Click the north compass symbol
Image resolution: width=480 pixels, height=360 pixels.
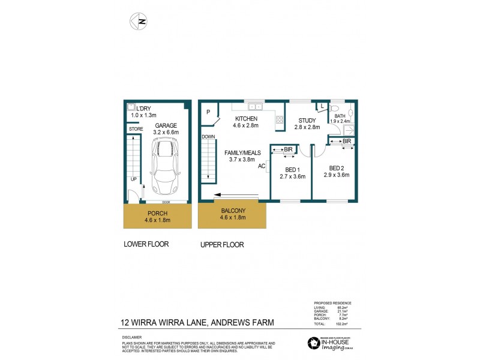pyautogui.click(x=139, y=21)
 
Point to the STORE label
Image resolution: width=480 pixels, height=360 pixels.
pyautogui.click(x=135, y=129)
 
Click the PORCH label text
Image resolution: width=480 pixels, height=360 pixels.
pyautogui.click(x=158, y=213)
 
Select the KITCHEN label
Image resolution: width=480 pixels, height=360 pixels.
pyautogui.click(x=246, y=119)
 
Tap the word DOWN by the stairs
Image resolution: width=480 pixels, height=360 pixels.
pyautogui.click(x=209, y=136)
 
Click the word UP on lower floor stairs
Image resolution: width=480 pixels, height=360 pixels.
pyautogui.click(x=135, y=179)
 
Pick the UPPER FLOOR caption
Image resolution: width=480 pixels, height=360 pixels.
pyautogui.click(x=221, y=244)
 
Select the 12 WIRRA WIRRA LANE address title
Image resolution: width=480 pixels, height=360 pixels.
pyautogui.click(x=197, y=322)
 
